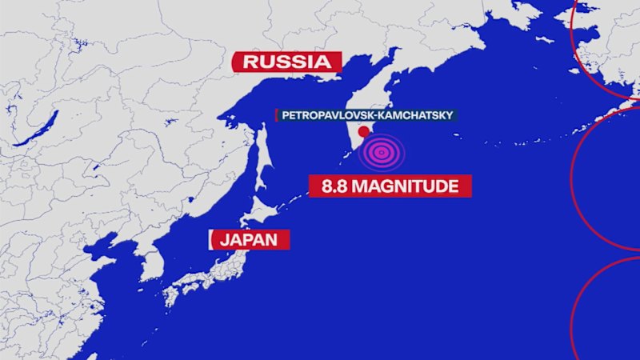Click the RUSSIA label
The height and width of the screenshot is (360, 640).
[286, 62]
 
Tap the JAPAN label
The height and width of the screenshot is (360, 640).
[249, 239]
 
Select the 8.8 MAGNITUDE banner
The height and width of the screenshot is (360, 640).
[390, 187]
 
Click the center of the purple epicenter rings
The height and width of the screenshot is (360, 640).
[382, 152]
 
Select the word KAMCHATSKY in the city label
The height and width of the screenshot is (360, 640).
[417, 115]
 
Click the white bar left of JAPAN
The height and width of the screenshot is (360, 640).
[210, 239]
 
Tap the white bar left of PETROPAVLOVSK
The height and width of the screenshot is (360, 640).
[276, 115]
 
